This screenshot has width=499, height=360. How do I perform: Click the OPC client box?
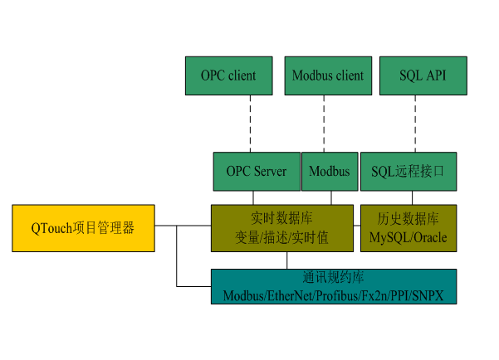coord(228,75)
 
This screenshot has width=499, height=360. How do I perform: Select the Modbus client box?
coord(327,75)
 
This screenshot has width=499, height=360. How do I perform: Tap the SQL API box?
coord(423,75)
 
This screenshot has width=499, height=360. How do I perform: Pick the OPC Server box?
coord(257,172)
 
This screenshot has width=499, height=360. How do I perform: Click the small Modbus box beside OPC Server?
coord(329,172)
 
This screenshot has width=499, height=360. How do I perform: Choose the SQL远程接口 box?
coord(408,172)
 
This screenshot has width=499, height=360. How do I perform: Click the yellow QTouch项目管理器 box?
coord(83,228)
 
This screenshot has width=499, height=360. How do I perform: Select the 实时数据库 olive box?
coord(281,228)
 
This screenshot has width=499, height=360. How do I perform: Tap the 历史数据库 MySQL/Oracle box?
coord(408,228)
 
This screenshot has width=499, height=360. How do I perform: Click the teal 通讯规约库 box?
coord(333,286)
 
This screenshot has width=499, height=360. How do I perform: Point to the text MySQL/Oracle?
coord(408,238)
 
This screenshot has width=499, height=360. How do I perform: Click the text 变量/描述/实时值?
coord(281,238)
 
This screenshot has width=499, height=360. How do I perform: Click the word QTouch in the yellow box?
coord(51,228)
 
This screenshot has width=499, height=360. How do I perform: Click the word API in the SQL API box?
coord(435,75)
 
